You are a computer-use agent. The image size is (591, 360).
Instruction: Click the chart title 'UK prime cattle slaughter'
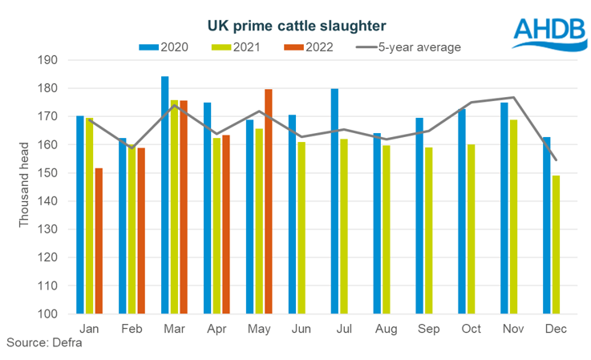tap(296, 27)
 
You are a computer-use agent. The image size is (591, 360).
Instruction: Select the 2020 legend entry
tap(164, 47)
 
